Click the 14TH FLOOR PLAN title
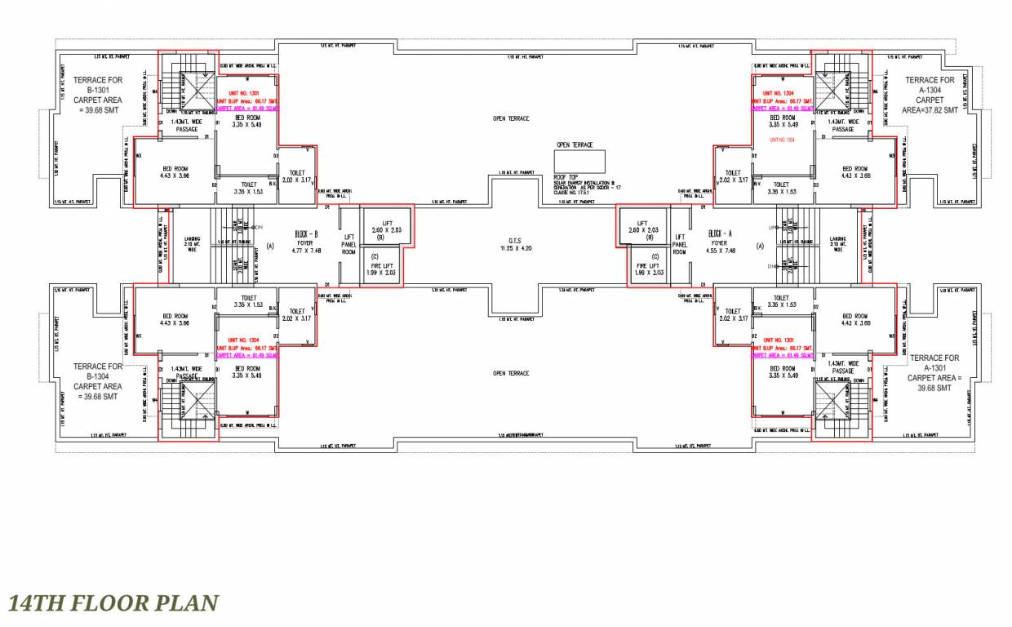113,604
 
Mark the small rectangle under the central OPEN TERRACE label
579,161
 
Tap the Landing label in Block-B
192,243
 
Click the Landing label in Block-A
838,242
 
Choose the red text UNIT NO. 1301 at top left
244,94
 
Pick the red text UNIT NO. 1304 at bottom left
244,340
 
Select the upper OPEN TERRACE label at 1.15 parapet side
511,118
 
